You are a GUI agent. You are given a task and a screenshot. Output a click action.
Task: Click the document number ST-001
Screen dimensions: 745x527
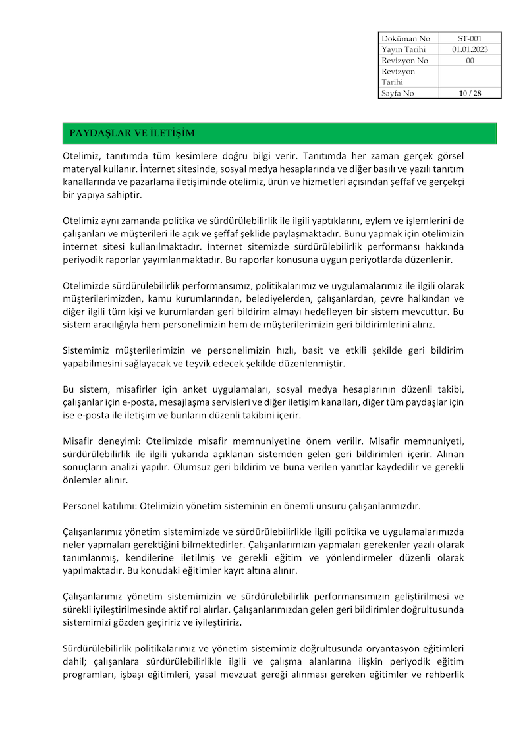point(470,38)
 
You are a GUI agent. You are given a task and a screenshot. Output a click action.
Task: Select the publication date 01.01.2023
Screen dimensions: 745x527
point(470,49)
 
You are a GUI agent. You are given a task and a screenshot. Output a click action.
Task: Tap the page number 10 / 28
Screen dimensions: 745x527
point(470,93)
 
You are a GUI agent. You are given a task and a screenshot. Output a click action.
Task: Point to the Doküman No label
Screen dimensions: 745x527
point(406,38)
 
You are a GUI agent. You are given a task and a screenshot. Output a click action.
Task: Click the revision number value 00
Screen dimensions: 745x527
point(470,61)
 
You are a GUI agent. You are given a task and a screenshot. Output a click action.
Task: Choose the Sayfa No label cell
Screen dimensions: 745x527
point(398,93)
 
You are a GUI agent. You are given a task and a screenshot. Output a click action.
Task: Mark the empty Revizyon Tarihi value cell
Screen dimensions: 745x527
point(470,76)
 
